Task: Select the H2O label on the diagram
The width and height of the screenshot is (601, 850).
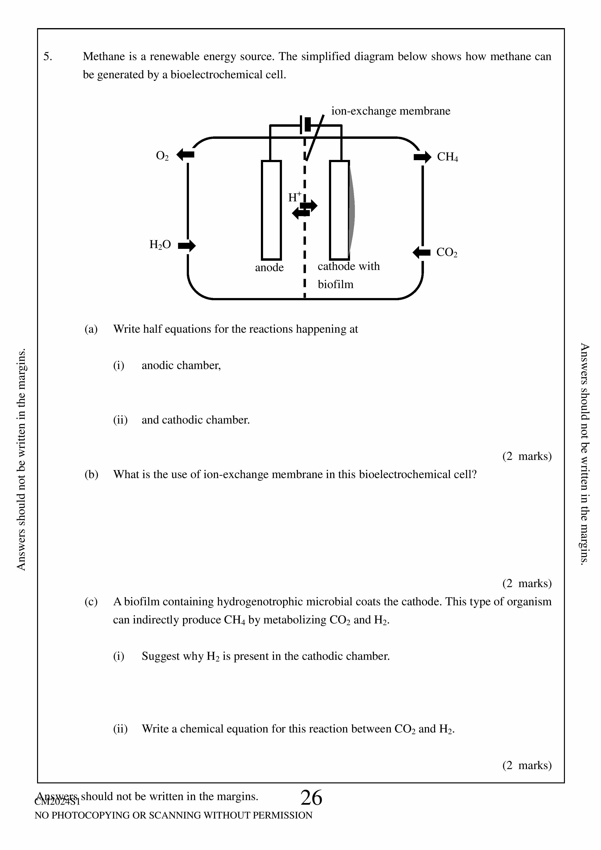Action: [x=160, y=245]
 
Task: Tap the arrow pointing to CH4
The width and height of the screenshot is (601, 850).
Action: [x=422, y=157]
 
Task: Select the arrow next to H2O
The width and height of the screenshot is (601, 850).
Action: [x=187, y=245]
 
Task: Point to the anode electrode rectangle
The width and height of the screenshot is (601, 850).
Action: [x=271, y=210]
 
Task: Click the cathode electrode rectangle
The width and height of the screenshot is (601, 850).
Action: [x=339, y=210]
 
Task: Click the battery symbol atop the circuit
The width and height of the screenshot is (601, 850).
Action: [x=306, y=125]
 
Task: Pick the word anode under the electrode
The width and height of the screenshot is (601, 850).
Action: [x=269, y=268]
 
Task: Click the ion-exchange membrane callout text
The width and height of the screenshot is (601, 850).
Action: [x=390, y=111]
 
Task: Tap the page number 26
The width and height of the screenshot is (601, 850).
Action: [x=311, y=798]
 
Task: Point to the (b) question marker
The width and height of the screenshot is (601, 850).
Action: [x=91, y=475]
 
